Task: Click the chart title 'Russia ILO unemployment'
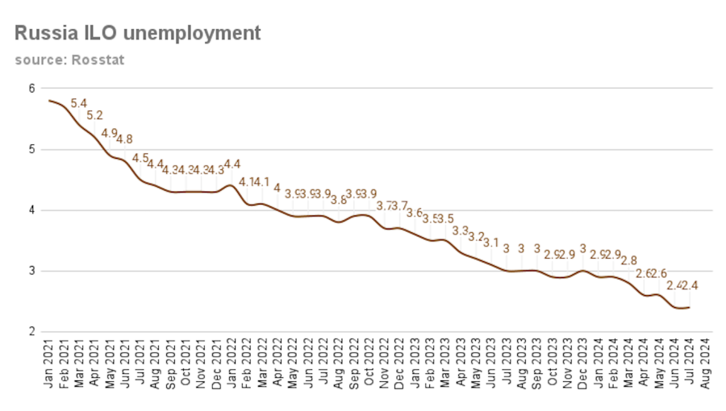[x=138, y=33]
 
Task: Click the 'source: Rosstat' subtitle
[x=69, y=60]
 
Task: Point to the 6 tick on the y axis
[x=31, y=89]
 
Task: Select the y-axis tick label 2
[x=31, y=331]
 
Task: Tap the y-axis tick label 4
[x=31, y=210]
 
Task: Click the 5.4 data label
[x=79, y=104]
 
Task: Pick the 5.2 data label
[x=94, y=116]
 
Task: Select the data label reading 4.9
[x=110, y=134]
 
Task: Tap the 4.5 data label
[x=140, y=158]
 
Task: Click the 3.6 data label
[x=414, y=213]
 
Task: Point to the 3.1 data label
[x=490, y=243]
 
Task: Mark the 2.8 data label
[x=628, y=260]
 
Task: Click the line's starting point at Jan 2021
[x=49, y=101]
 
